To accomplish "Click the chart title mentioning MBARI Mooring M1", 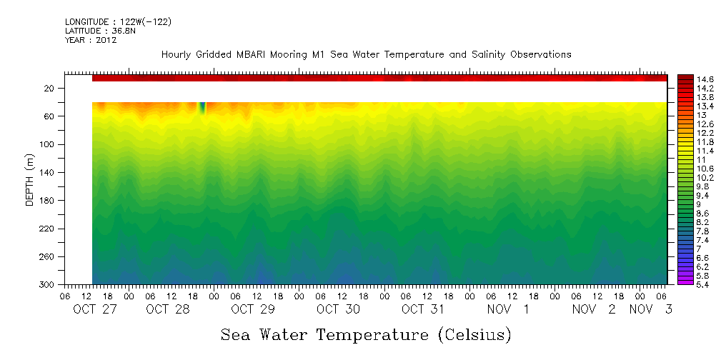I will [366, 54].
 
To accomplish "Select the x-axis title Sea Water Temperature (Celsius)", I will [366, 334].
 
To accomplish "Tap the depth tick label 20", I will [50, 89].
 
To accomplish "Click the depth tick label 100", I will [48, 144].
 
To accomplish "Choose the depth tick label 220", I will [48, 229].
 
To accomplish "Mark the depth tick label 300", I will [48, 285].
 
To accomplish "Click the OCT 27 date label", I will [95, 309].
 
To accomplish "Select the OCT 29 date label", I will [252, 309].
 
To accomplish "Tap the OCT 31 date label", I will [423, 309].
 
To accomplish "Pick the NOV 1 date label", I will [508, 309].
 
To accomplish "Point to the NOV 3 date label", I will [650, 309].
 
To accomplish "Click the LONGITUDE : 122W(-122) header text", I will [118, 22].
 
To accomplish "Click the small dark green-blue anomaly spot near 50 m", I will [202, 108].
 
